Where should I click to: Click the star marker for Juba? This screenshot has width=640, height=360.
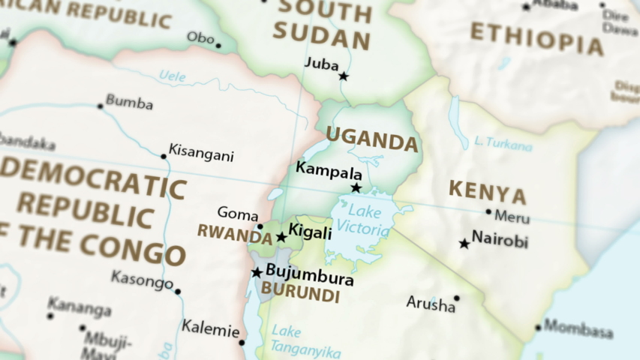[344, 76]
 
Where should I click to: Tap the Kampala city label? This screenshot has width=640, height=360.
[329, 169]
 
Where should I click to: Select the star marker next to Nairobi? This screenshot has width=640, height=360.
[464, 244]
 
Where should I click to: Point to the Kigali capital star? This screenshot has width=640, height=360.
[281, 237]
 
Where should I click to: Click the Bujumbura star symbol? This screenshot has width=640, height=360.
[257, 272]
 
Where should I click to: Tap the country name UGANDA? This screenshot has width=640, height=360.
[371, 139]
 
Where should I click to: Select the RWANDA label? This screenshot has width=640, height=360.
[234, 233]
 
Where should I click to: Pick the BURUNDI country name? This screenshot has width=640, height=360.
[300, 293]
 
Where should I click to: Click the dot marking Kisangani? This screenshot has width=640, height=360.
[164, 157]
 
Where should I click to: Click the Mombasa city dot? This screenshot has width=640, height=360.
[538, 328]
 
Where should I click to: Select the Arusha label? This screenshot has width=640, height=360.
[431, 304]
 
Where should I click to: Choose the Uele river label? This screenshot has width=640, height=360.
[173, 76]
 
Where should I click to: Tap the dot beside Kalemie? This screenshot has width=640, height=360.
[242, 343]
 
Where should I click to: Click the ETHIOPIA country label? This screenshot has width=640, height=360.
[536, 38]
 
